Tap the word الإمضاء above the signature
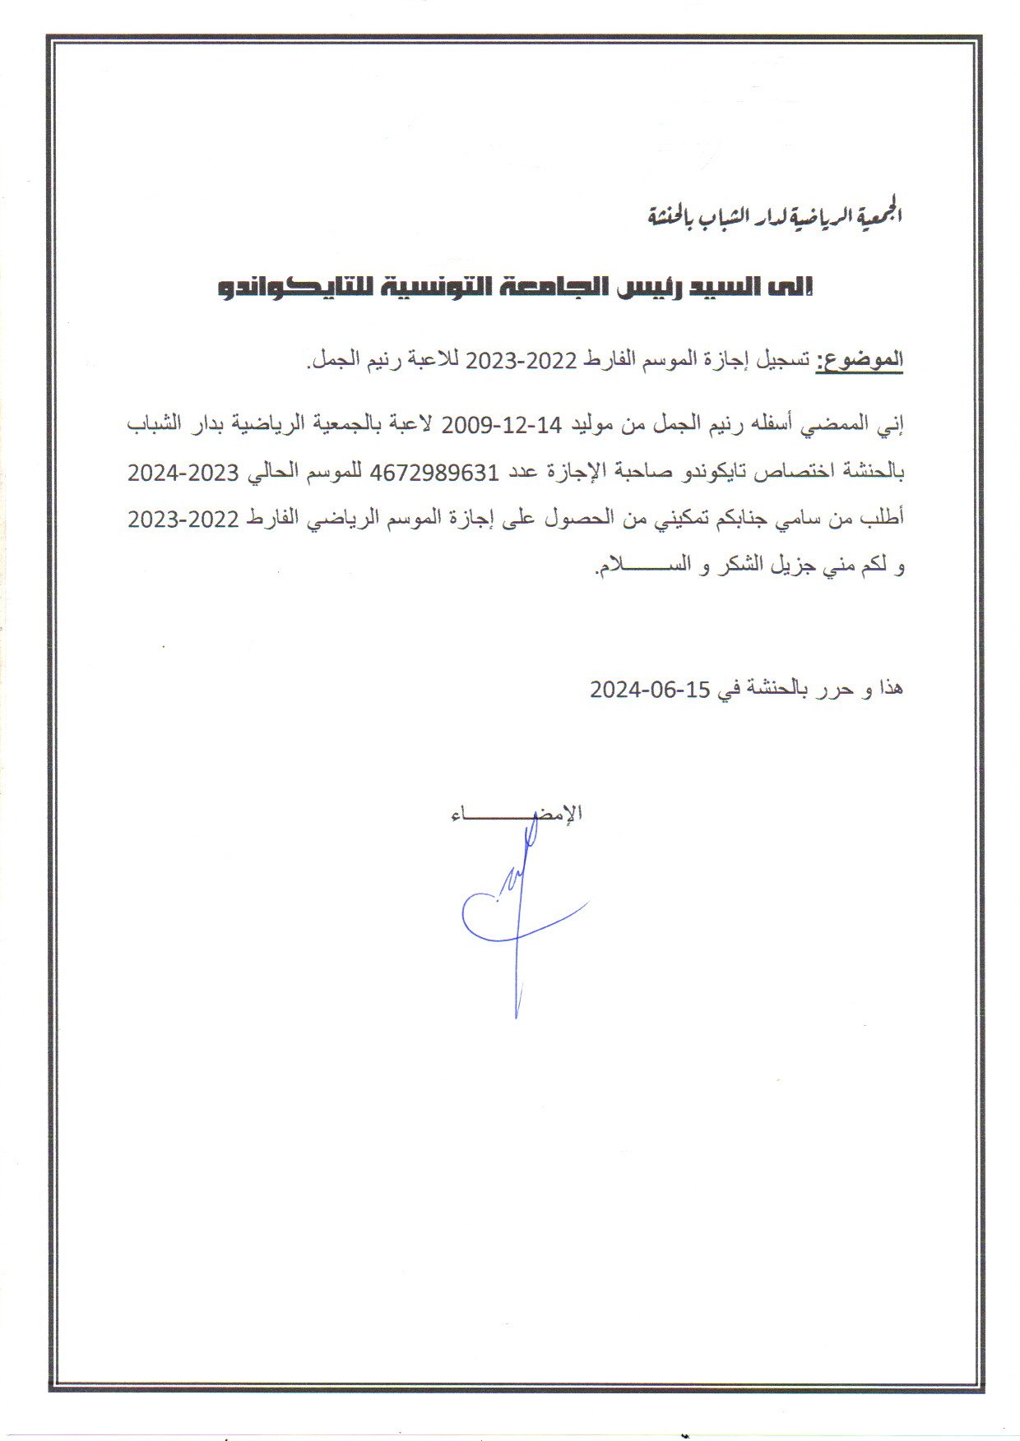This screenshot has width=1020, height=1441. pyautogui.click(x=517, y=815)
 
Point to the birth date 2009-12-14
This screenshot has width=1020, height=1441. pyautogui.click(x=502, y=425)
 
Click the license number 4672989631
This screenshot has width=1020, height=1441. pyautogui.click(x=436, y=473)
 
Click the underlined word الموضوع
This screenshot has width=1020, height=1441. pyautogui.click(x=860, y=360)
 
